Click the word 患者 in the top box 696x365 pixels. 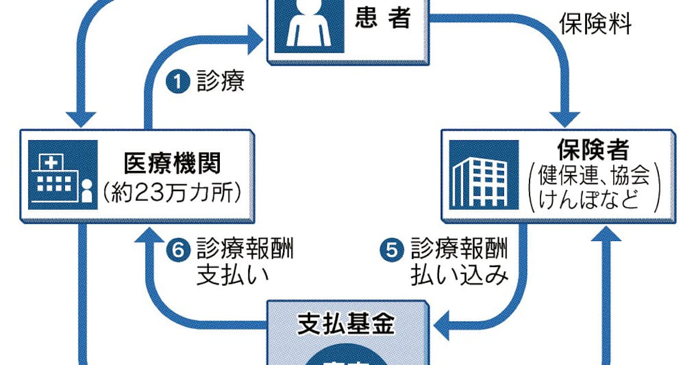pos(382,19)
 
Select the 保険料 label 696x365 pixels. pos(594,25)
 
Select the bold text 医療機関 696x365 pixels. pos(172,164)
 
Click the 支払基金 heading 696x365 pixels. pos(346,326)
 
